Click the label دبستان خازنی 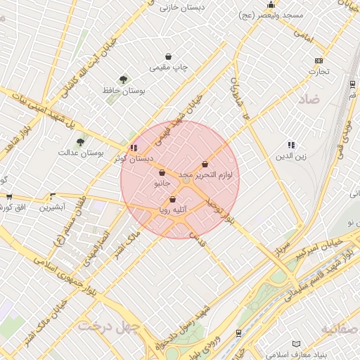[179, 8]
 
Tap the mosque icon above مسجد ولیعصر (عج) [271, 5]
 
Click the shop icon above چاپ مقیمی [169, 56]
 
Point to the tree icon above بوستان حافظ [124, 79]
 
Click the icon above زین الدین [291, 145]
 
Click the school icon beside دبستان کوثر [134, 148]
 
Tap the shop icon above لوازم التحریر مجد [205, 163]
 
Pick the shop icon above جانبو [162, 172]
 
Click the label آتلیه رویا [172, 210]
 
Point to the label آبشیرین [52, 207]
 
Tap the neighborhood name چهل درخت [105, 327]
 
